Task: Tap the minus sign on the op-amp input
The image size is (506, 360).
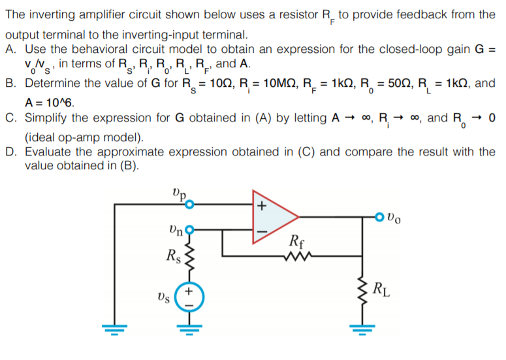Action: (262, 231)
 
